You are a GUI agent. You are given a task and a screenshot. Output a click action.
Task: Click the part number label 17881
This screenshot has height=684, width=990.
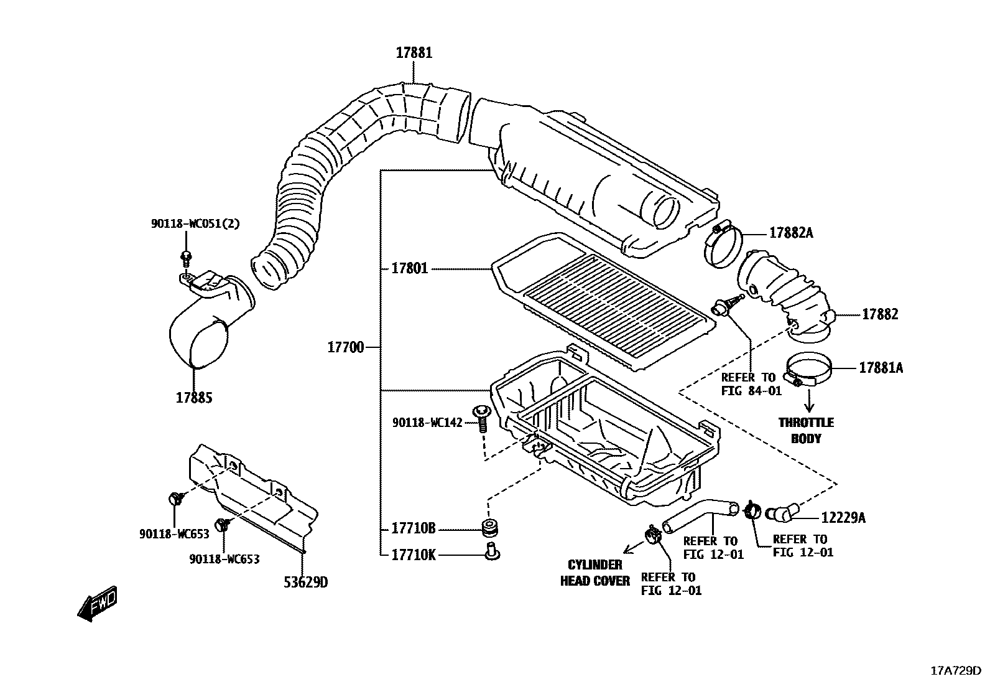point(414,53)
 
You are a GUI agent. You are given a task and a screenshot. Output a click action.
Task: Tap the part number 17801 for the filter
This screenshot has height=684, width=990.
point(410,269)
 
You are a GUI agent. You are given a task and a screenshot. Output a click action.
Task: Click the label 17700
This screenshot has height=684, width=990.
point(346,347)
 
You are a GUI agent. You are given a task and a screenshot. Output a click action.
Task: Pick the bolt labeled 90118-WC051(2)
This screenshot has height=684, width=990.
point(186,258)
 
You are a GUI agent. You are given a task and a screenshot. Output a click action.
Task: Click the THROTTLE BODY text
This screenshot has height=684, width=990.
point(806,430)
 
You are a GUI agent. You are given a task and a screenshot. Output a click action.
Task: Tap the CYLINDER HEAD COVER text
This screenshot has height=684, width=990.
point(595,573)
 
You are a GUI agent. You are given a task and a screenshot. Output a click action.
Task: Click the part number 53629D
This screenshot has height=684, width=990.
point(305,583)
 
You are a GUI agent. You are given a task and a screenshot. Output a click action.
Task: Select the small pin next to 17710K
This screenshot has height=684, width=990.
point(492,551)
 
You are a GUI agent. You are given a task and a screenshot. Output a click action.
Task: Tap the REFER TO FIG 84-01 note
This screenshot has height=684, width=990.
point(748,384)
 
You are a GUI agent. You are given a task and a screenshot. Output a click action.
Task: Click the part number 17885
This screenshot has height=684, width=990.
point(194,397)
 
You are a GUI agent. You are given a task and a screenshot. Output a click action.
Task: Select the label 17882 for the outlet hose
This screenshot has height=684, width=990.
point(879,314)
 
